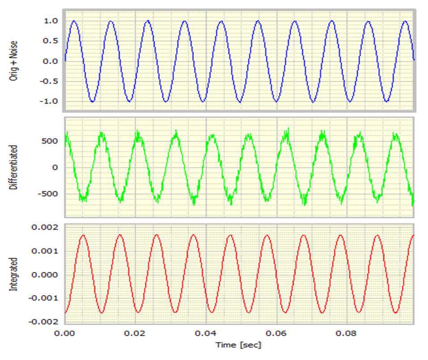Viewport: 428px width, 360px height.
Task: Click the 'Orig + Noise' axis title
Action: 13,60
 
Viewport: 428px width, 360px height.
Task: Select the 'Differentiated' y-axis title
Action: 13,167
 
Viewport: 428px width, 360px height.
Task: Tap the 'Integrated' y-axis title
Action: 13,274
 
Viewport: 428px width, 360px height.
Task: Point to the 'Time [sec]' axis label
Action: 238,345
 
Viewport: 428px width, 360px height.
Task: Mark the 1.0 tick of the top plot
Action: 50,21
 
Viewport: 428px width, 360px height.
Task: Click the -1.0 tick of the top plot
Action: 48,101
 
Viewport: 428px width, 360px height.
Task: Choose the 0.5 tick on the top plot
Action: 50,41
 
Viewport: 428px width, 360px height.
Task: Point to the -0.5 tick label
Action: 48,81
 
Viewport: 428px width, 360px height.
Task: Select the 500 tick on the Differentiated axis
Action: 50,141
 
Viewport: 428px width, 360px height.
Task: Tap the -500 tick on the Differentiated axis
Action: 48,194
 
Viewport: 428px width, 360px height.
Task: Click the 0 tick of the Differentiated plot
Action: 55,167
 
